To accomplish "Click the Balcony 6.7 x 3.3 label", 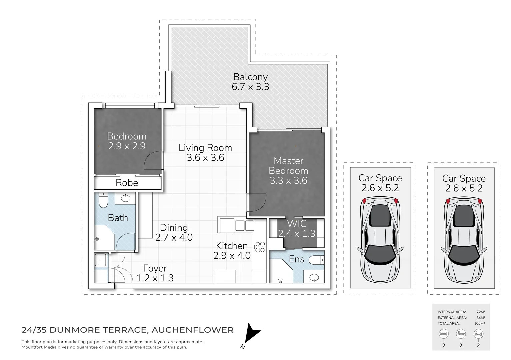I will pyautogui.click(x=250, y=82).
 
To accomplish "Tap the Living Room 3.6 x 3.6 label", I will pyautogui.click(x=205, y=153).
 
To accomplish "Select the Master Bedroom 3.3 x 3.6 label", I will pyautogui.click(x=288, y=171).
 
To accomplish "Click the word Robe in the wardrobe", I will pyautogui.click(x=127, y=183).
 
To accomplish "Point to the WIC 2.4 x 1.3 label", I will pyautogui.click(x=297, y=228).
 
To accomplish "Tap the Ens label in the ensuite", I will pyautogui.click(x=296, y=259).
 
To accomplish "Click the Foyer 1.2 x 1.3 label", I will pyautogui.click(x=155, y=273).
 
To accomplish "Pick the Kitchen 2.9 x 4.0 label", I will pyautogui.click(x=232, y=251).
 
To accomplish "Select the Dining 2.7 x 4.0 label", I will pyautogui.click(x=174, y=232).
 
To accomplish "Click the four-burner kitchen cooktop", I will pyautogui.click(x=260, y=247).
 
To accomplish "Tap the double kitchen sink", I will pyautogui.click(x=245, y=226).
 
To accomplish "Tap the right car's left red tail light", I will pyautogui.click(x=448, y=201).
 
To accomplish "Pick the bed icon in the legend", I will pyautogui.click(x=444, y=334).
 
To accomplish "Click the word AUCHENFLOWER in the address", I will pyautogui.click(x=192, y=330).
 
